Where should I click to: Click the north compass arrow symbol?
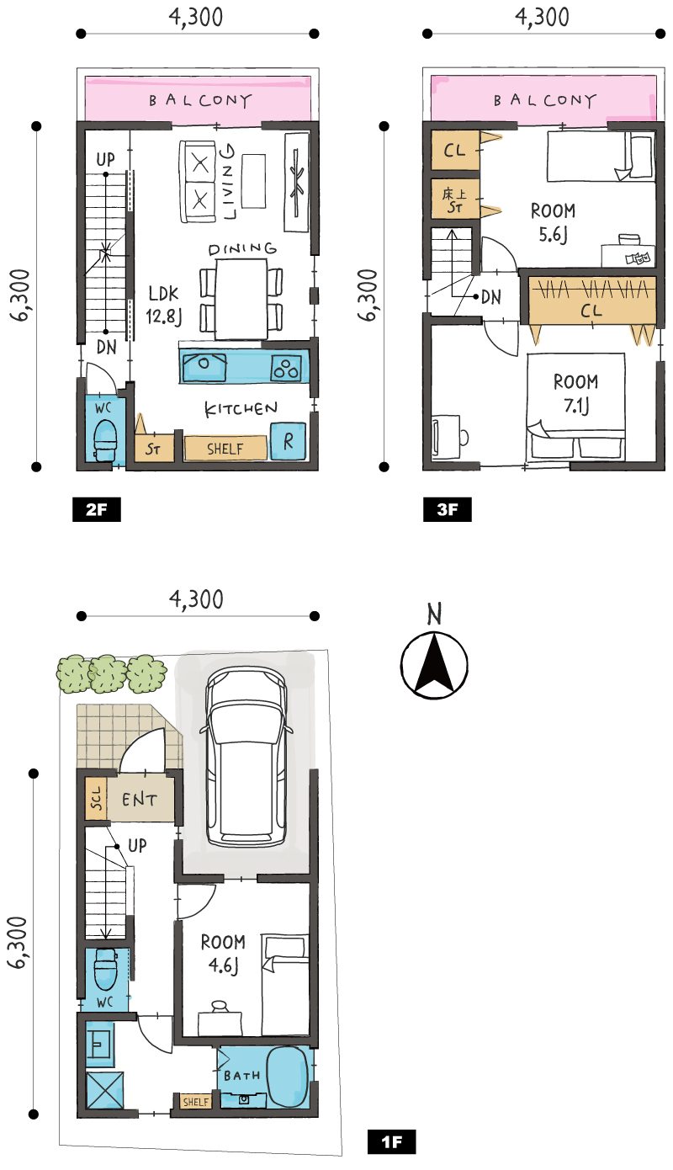click(434, 665)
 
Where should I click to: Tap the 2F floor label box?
click(97, 509)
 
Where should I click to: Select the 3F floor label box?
click(448, 509)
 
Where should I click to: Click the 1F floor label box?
click(391, 1156)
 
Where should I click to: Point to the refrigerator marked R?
click(288, 441)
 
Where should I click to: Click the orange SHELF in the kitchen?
click(225, 449)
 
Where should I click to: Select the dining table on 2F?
click(241, 300)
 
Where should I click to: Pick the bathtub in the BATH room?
click(287, 1077)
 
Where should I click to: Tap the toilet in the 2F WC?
click(105, 440)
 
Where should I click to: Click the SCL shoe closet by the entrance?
click(96, 798)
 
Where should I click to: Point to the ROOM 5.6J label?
click(553, 222)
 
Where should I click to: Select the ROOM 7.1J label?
click(576, 394)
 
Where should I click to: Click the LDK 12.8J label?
click(164, 305)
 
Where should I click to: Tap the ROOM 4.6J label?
click(223, 954)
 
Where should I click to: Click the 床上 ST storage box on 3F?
click(455, 199)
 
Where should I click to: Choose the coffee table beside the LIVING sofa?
click(254, 181)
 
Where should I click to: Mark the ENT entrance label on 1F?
click(140, 800)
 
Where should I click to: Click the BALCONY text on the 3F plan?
click(545, 100)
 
